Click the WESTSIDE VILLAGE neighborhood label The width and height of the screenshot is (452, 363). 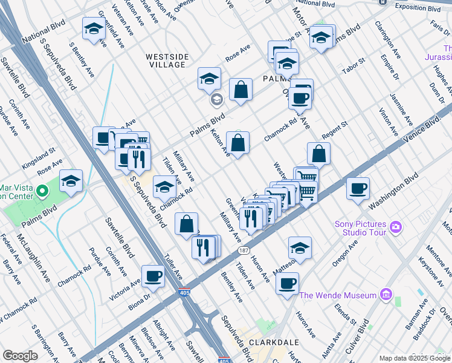(x=168, y=60)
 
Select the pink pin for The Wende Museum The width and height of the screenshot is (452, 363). (x=386, y=296)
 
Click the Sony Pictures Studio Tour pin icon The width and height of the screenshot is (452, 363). (x=396, y=227)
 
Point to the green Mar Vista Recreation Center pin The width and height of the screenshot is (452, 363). (x=42, y=192)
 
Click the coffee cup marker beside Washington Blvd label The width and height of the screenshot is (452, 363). (x=358, y=188)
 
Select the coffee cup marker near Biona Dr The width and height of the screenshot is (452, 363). (x=153, y=276)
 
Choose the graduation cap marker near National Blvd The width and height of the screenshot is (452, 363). (x=94, y=28)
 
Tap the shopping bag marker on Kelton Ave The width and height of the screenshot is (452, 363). (x=238, y=143)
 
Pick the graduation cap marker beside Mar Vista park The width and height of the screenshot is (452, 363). (x=71, y=181)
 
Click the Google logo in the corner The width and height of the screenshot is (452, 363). (x=20, y=356)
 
